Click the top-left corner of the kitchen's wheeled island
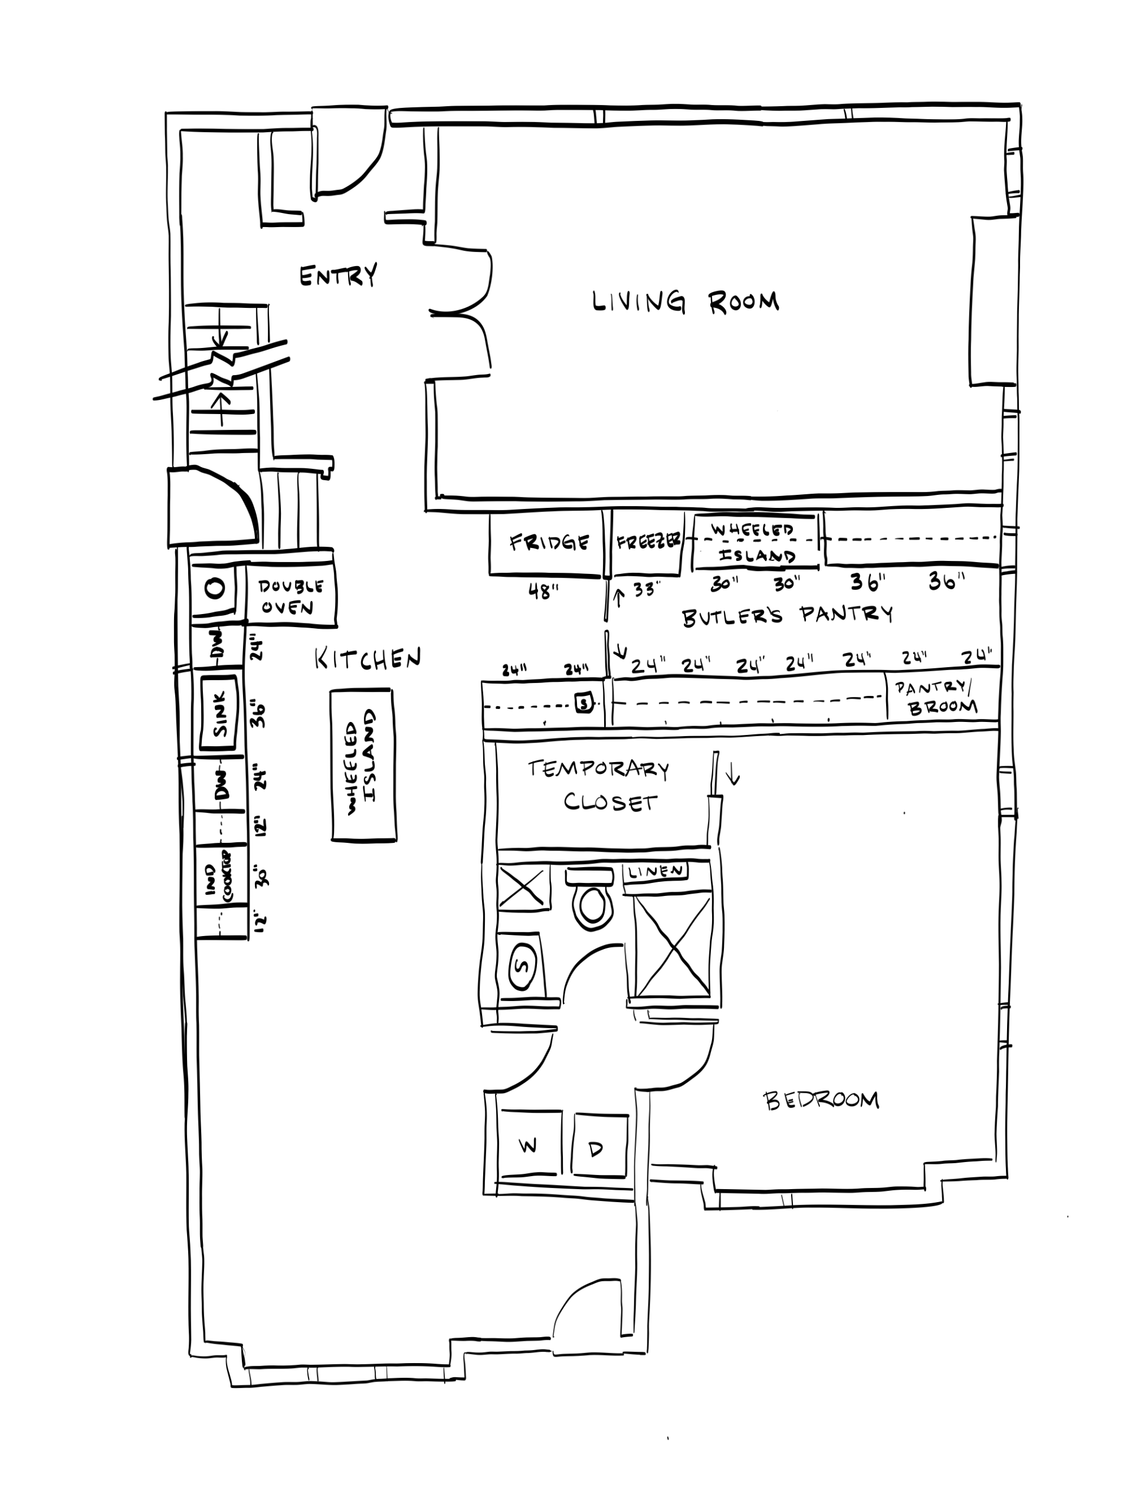point(331,690)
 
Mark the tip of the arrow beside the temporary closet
point(732,783)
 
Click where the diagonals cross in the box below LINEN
point(673,946)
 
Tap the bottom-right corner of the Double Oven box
point(336,625)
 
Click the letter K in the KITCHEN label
point(321,659)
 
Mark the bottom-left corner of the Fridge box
point(490,573)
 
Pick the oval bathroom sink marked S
point(524,967)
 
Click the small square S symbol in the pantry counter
point(584,702)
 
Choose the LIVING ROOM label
point(686,302)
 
